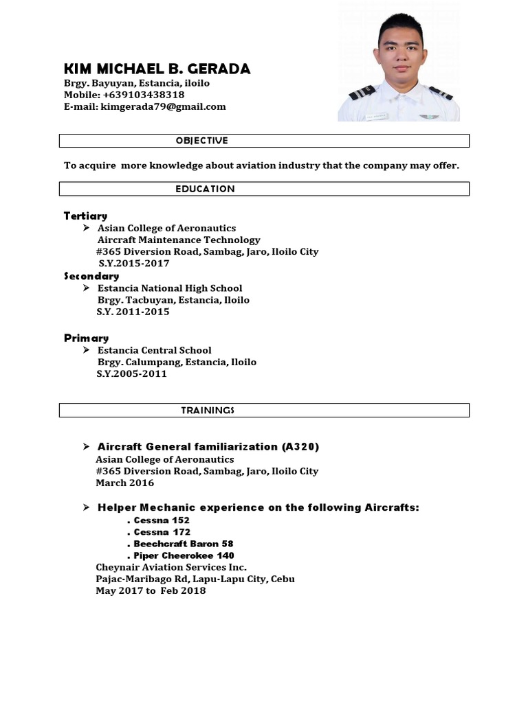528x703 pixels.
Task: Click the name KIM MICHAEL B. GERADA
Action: pyautogui.click(x=157, y=69)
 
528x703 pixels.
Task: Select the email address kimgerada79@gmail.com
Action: pyautogui.click(x=163, y=106)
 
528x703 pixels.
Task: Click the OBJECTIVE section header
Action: pyautogui.click(x=201, y=141)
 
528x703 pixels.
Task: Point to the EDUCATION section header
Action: pyautogui.click(x=205, y=189)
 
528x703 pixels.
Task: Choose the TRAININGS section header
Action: pyautogui.click(x=208, y=411)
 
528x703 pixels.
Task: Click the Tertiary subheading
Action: pyautogui.click(x=85, y=216)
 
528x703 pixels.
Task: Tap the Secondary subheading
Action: pyautogui.click(x=91, y=276)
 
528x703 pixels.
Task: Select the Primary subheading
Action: pyautogui.click(x=87, y=338)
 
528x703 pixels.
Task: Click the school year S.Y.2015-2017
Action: pyautogui.click(x=133, y=263)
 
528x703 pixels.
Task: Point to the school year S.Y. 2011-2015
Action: pyautogui.click(x=133, y=312)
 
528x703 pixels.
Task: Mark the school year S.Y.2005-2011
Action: pyautogui.click(x=131, y=374)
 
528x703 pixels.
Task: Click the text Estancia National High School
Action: pyautogui.click(x=170, y=288)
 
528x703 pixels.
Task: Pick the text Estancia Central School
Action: pyautogui.click(x=154, y=350)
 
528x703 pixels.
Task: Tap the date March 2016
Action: pyautogui.click(x=125, y=483)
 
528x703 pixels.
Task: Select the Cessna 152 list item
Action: pyautogui.click(x=162, y=520)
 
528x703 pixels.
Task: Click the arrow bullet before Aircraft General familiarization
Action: pyautogui.click(x=86, y=447)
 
